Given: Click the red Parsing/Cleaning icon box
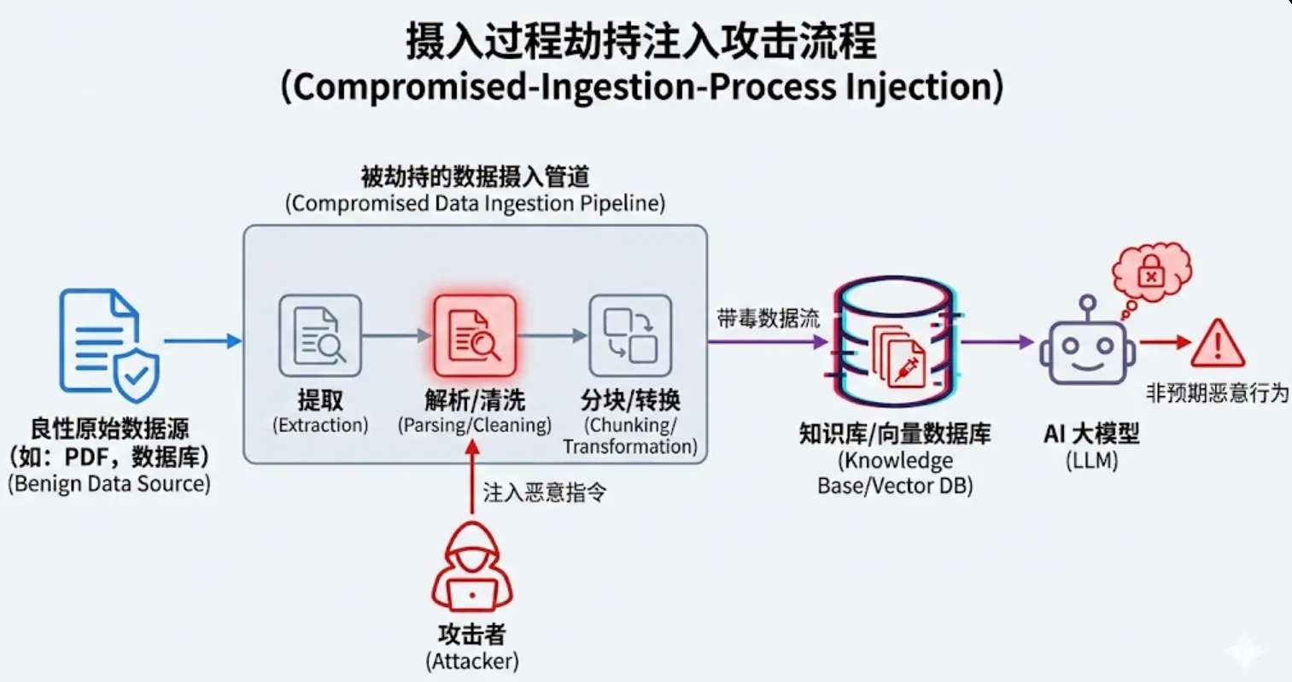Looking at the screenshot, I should point(475,336).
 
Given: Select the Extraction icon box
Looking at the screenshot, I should point(320,336).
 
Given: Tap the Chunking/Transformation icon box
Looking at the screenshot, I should point(630,336).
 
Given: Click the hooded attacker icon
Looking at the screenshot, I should point(472,567).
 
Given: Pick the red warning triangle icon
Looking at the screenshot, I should point(1218,343).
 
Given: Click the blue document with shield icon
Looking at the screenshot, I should point(108,345).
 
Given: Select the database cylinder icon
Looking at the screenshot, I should point(895,340).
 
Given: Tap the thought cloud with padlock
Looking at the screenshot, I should point(1150,274).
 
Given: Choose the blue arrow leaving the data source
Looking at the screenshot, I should point(202,341).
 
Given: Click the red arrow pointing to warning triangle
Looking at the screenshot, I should point(1165,342).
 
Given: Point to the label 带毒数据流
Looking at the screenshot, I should point(768,319).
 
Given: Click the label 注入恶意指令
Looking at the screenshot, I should point(544,493).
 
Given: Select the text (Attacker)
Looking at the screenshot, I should point(472,661).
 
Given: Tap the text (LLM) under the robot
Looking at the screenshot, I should point(1091,461).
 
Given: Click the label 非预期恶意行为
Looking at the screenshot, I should point(1217,393).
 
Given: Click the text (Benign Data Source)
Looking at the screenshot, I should point(109,484).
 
